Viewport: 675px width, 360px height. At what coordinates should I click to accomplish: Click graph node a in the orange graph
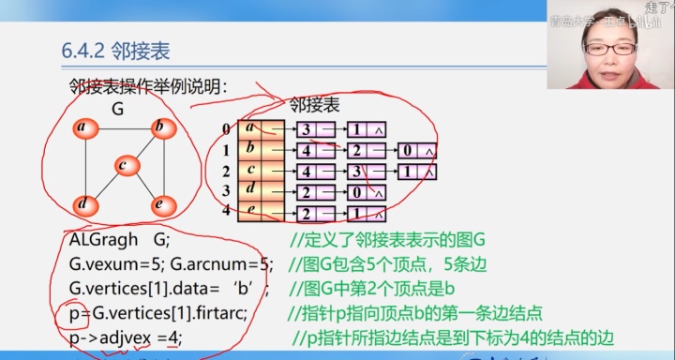pyautogui.click(x=82, y=127)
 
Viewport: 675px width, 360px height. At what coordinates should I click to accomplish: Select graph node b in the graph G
pyautogui.click(x=160, y=127)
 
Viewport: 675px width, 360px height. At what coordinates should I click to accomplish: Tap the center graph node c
pyautogui.click(x=122, y=166)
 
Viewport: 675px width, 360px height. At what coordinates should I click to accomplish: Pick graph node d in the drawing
pyautogui.click(x=82, y=204)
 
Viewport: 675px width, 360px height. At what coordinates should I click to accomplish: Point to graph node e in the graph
pyautogui.click(x=160, y=204)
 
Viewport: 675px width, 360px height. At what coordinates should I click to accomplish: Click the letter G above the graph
pyautogui.click(x=119, y=107)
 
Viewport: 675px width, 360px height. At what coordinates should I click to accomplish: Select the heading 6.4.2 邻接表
pyautogui.click(x=115, y=51)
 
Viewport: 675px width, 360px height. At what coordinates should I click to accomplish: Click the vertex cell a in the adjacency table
pyautogui.click(x=250, y=129)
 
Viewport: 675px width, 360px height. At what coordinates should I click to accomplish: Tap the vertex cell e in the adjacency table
pyautogui.click(x=250, y=212)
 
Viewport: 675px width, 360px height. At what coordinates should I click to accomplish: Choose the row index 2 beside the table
pyautogui.click(x=226, y=172)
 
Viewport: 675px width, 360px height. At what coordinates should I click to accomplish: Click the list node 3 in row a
pyautogui.click(x=306, y=129)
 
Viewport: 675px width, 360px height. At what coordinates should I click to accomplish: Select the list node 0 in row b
pyautogui.click(x=407, y=150)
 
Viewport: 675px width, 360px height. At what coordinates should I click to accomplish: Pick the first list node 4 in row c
pyautogui.click(x=306, y=172)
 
